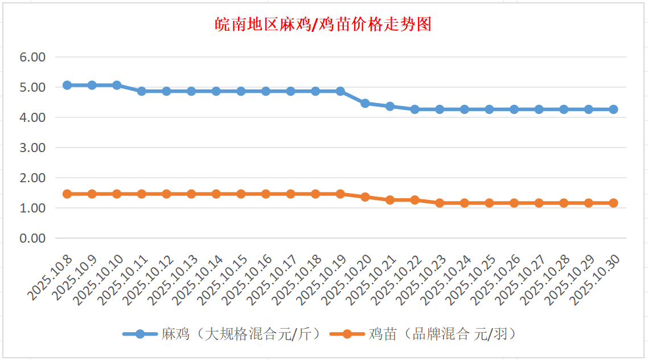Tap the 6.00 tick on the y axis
pos(32,58)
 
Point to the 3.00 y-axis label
pos(32,148)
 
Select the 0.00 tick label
pos(32,238)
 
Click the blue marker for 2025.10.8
pos(67,85)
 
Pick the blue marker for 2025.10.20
pos(365,103)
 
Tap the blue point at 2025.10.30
pos(613,109)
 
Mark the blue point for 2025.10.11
pos(142,91)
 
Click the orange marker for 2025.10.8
pos(67,194)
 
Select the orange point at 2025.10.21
pos(390,200)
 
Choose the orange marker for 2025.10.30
pos(613,203)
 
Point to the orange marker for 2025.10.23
pos(440,203)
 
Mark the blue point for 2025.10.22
pos(415,109)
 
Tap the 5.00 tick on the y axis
pos(32,88)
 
